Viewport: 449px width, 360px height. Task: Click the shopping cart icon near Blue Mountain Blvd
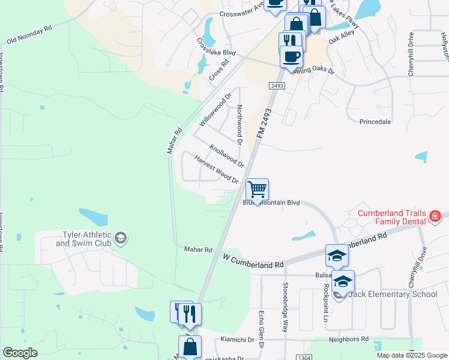point(258,190)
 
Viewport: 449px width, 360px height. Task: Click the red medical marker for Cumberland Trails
point(435,217)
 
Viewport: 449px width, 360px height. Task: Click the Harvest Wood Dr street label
point(217,169)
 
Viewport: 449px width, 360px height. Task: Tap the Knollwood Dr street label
point(227,155)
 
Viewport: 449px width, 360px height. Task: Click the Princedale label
point(375,122)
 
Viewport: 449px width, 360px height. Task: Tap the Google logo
point(20,353)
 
